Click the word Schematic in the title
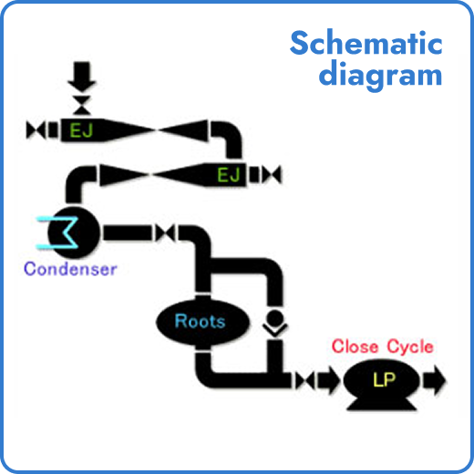pyautogui.click(x=366, y=43)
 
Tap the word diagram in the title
pyautogui.click(x=380, y=74)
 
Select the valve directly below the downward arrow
pyautogui.click(x=83, y=98)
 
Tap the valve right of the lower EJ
pyautogui.click(x=271, y=173)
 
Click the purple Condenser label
pyautogui.click(x=70, y=269)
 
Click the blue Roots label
pyautogui.click(x=200, y=321)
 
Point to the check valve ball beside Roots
pyautogui.click(x=272, y=321)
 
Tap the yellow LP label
pyautogui.click(x=384, y=378)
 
